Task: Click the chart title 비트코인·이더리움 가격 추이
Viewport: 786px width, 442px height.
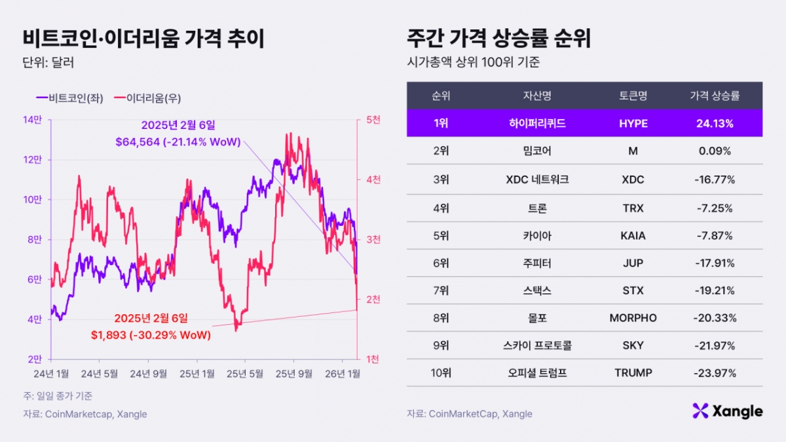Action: pyautogui.click(x=143, y=39)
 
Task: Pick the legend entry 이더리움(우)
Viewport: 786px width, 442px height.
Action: pyautogui.click(x=148, y=98)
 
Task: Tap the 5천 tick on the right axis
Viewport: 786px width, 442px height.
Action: pyautogui.click(x=373, y=120)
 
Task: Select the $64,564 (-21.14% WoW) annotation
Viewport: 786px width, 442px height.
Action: pyautogui.click(x=178, y=142)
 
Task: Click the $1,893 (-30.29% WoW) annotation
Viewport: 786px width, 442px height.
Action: pyautogui.click(x=151, y=335)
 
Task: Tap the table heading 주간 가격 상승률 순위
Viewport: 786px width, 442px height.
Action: pyautogui.click(x=498, y=39)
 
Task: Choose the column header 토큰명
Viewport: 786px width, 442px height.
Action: pyautogui.click(x=633, y=96)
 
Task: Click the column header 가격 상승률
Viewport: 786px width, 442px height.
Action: pyautogui.click(x=715, y=96)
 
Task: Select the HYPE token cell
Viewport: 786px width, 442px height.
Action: pyautogui.click(x=633, y=123)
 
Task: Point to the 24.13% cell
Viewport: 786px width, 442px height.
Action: pyautogui.click(x=715, y=123)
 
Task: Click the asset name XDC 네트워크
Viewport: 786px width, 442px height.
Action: pyautogui.click(x=537, y=179)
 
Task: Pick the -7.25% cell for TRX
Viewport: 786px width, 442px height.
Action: pyautogui.click(x=715, y=208)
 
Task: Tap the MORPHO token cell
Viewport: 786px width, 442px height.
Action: pyautogui.click(x=633, y=318)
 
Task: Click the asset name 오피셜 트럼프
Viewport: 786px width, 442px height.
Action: pyautogui.click(x=537, y=373)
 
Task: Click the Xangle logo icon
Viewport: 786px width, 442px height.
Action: pyautogui.click(x=701, y=411)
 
